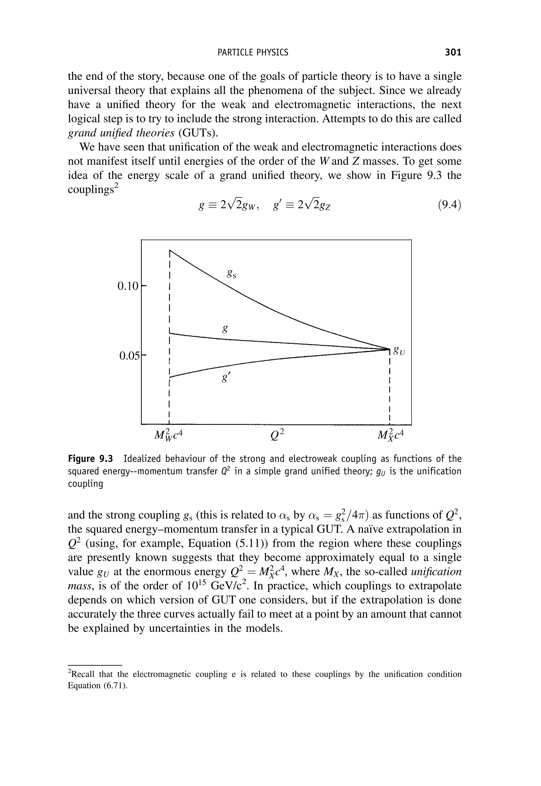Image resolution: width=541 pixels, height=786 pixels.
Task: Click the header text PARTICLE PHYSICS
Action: tap(253, 52)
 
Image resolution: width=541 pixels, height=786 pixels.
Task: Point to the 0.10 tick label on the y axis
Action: tap(128, 286)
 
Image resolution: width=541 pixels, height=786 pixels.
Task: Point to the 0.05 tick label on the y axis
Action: tap(129, 356)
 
